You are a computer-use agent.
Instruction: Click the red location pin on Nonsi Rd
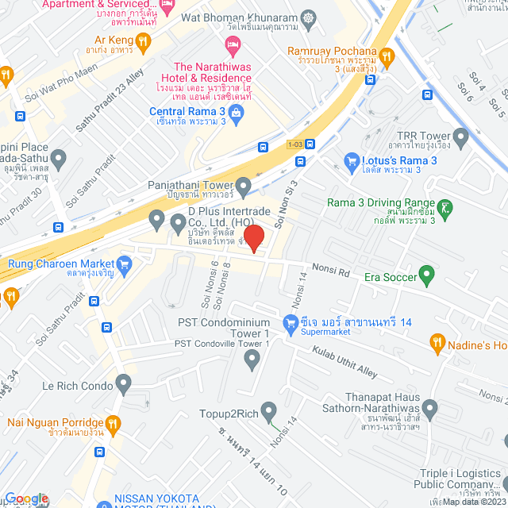[253, 237]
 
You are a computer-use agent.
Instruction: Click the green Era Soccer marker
[428, 277]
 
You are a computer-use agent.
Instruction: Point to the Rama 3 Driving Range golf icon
[448, 209]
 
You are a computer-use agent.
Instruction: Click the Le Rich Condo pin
[123, 385]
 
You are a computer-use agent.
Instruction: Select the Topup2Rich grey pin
[268, 412]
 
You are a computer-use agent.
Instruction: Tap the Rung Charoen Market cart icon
[123, 264]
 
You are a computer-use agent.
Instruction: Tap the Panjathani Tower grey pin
[244, 185]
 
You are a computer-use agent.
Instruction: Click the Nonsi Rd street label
[333, 271]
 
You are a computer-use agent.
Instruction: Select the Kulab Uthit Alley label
[344, 360]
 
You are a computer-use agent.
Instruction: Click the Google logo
[26, 498]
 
